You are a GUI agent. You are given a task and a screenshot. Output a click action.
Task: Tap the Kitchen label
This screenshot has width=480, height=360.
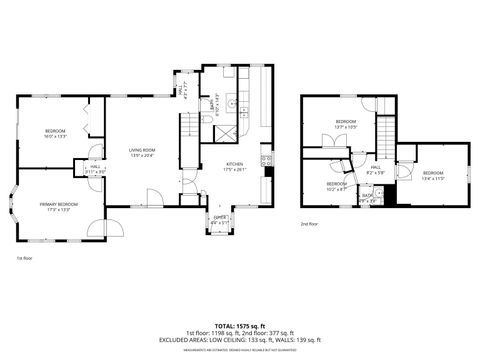click(x=234, y=166)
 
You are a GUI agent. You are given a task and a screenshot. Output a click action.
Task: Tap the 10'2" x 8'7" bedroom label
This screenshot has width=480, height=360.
click(x=336, y=186)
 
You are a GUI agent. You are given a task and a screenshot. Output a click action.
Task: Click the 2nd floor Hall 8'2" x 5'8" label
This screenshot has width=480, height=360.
click(x=375, y=171)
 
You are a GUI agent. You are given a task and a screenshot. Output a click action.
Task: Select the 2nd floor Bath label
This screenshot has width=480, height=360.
click(x=366, y=197)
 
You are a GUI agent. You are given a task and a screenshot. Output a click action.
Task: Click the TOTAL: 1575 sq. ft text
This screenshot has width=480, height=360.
click(x=239, y=325)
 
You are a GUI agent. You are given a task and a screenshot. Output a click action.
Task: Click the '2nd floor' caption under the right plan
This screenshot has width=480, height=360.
click(x=310, y=224)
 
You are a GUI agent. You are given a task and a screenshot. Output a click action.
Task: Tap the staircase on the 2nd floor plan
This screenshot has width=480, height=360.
click(x=385, y=131)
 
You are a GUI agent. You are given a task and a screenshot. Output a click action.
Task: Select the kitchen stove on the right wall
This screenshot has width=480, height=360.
click(x=265, y=158)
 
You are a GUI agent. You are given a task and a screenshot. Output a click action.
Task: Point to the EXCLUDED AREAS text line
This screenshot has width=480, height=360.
click(x=239, y=339)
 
